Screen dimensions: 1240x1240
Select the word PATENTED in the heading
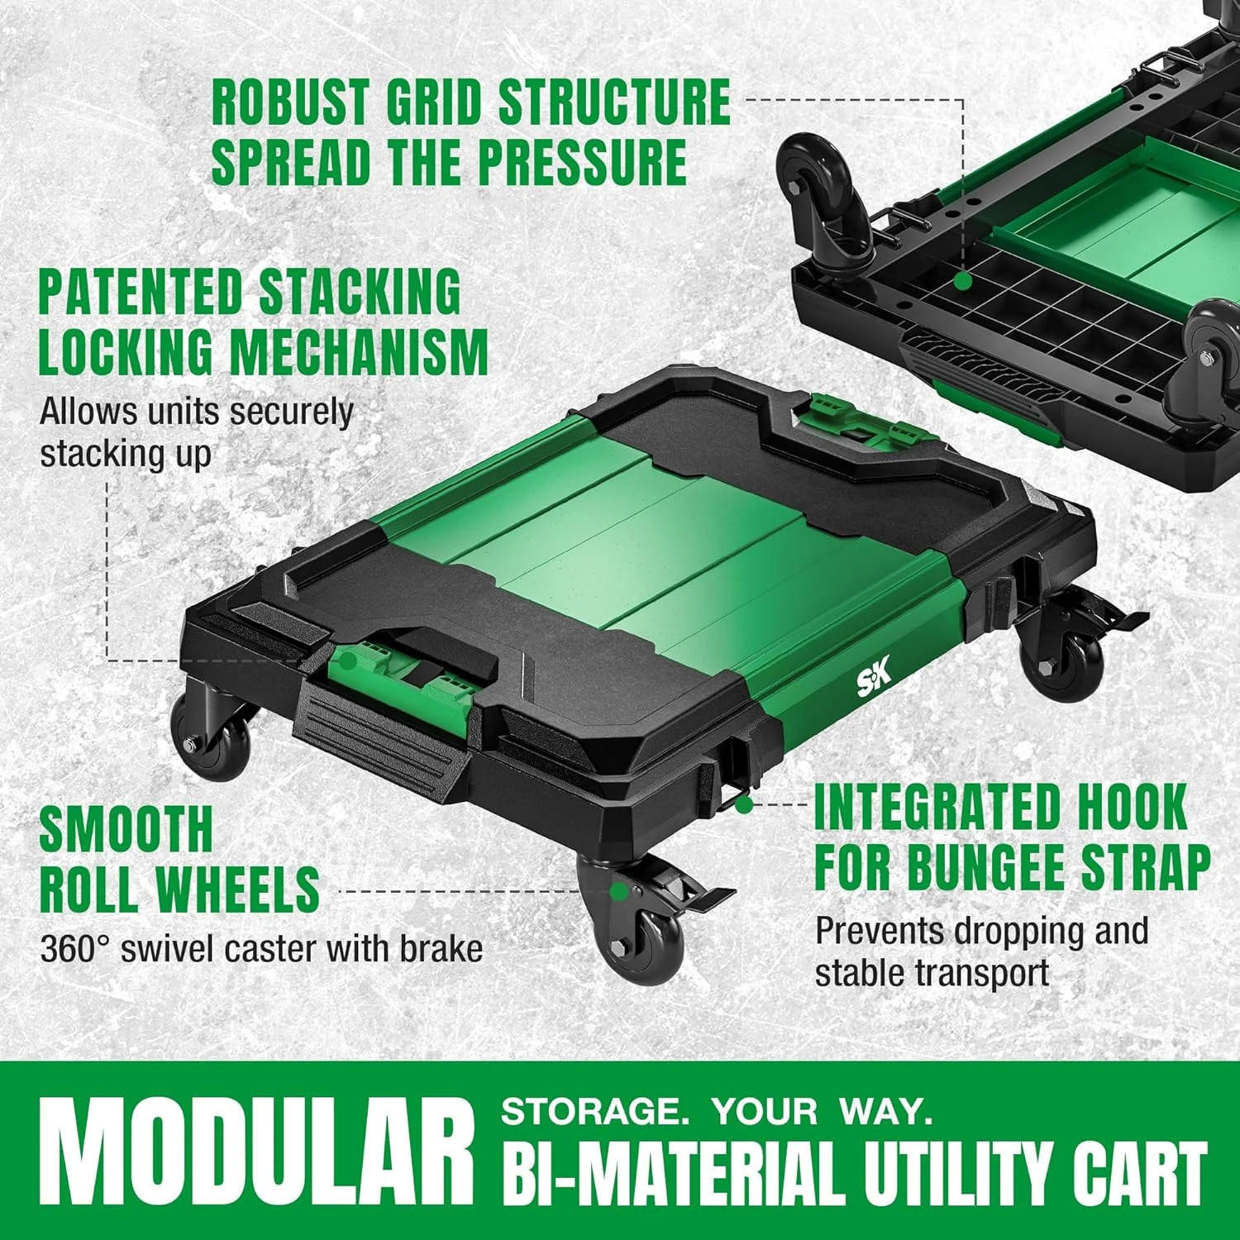pos(141,292)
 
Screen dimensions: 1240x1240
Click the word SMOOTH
pos(126,829)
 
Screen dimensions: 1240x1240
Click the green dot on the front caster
pos(618,891)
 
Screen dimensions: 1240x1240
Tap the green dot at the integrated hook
pos(744,803)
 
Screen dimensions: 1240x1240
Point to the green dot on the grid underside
pos(962,281)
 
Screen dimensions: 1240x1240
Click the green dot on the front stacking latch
pos(348,661)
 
